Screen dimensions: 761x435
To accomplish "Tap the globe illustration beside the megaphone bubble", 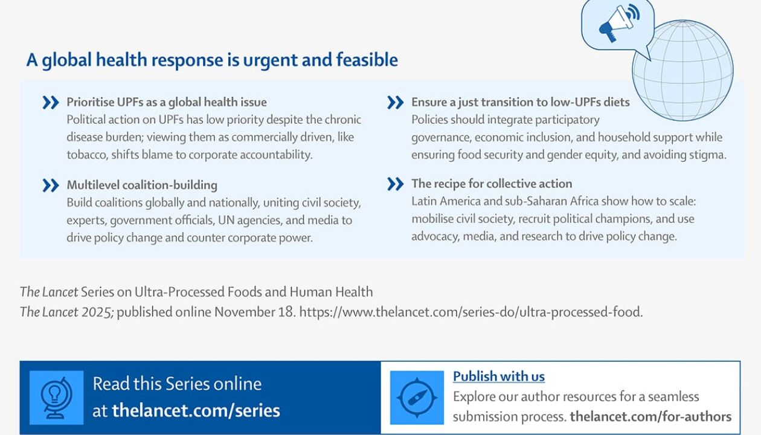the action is coord(683,71).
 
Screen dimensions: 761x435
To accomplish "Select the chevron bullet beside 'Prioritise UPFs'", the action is coord(51,102).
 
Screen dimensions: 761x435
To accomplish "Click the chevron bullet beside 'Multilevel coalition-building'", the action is coord(51,185).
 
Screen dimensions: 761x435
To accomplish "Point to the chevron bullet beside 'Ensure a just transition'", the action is coord(396,102).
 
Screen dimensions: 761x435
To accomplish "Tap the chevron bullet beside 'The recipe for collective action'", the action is coord(396,184).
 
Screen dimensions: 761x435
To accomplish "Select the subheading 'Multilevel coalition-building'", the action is coord(142,185).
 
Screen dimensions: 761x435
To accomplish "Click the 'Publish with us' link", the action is coord(499,376).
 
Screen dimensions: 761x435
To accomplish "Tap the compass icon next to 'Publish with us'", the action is coord(417,398).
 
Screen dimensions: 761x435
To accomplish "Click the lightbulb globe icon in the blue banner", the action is coord(56,398).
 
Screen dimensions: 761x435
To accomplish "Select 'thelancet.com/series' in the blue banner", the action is coord(196,411).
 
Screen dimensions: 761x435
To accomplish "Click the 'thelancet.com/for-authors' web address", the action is coord(650,417).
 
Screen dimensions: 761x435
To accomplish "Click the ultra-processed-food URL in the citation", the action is coord(471,312).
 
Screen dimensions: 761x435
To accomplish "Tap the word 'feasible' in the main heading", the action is coord(367,60).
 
